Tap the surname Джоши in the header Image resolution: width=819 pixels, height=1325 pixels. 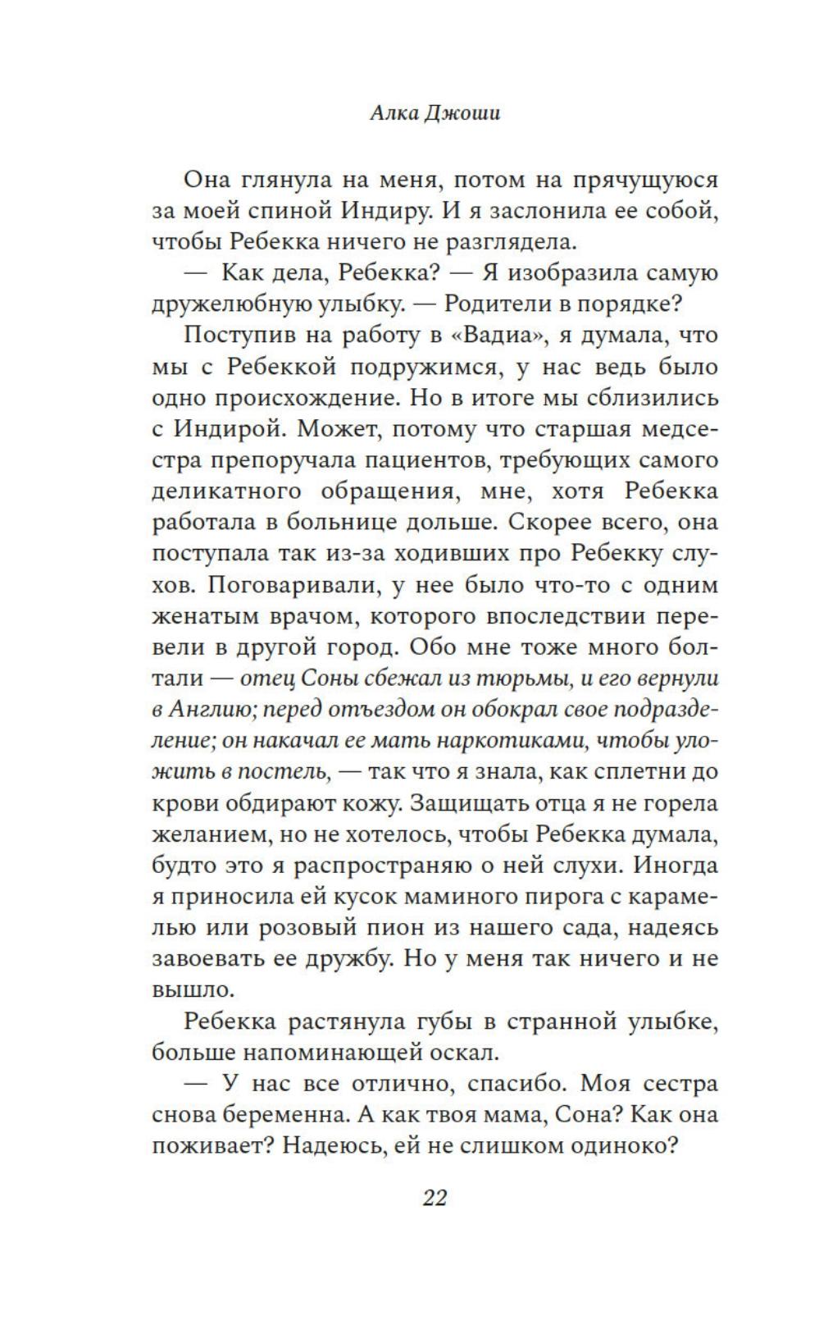coord(463,113)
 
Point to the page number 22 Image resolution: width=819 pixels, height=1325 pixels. coord(435,1198)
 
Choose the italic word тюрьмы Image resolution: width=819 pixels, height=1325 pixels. coord(507,679)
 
